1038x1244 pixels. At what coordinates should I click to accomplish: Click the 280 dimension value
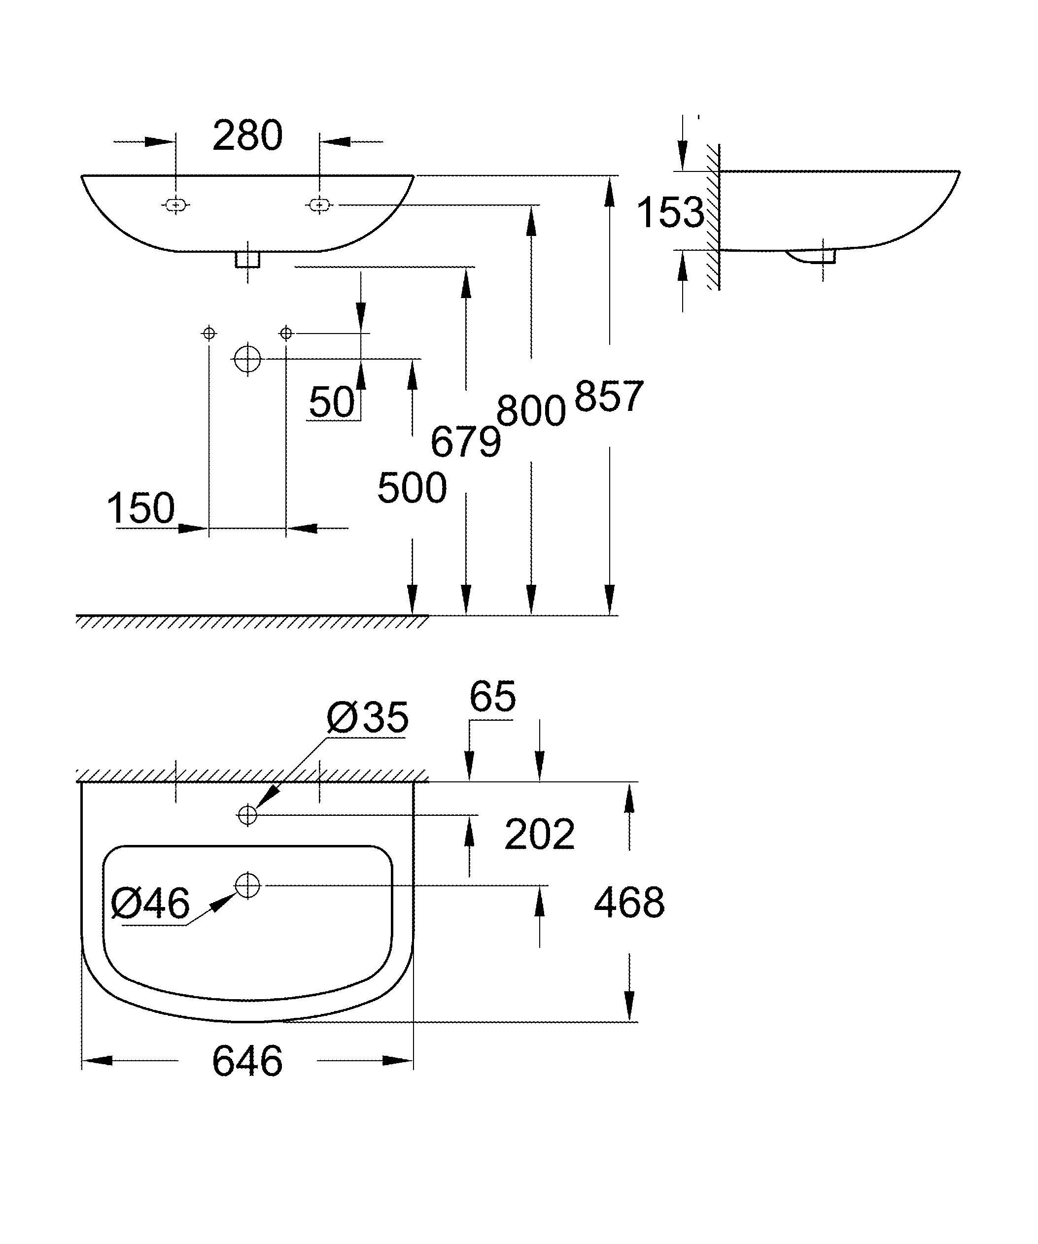point(247,135)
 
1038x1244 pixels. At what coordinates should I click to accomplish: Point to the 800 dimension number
point(531,410)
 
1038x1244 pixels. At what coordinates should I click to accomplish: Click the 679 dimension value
point(466,441)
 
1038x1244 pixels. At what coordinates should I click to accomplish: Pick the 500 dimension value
point(412,488)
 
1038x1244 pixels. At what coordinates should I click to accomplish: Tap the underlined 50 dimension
point(332,402)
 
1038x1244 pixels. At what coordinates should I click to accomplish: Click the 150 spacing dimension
point(141,507)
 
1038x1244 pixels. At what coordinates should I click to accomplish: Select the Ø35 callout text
point(367,717)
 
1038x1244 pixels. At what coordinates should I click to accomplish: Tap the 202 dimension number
point(539,835)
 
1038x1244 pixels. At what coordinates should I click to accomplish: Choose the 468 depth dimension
point(629,903)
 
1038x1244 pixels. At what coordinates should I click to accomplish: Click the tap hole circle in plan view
point(247,815)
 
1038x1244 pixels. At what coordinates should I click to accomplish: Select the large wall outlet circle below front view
point(247,358)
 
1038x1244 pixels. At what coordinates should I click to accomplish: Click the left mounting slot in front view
point(175,205)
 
